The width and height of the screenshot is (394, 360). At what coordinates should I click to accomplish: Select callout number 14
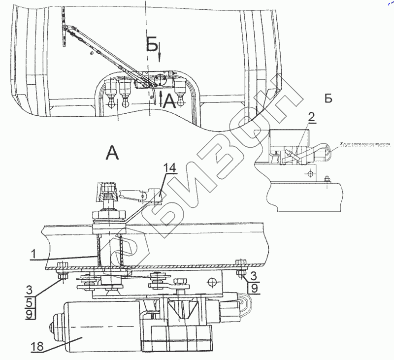click(x=169, y=169)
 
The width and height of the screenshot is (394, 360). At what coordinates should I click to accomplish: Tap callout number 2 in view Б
click(x=311, y=117)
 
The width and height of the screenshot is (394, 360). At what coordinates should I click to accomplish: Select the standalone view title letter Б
click(x=328, y=98)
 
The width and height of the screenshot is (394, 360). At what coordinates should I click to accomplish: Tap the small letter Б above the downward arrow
click(x=152, y=46)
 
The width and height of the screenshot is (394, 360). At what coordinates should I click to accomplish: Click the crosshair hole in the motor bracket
click(x=213, y=282)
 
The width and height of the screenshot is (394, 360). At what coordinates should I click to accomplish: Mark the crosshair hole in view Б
click(x=310, y=174)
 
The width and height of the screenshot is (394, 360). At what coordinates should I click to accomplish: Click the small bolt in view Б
click(x=327, y=180)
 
